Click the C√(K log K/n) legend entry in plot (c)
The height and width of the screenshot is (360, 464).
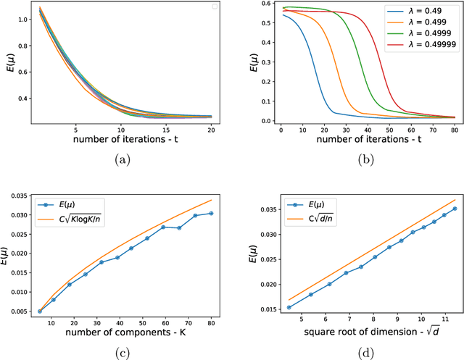click(72, 199)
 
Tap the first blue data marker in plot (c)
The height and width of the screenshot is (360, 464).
click(41, 311)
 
